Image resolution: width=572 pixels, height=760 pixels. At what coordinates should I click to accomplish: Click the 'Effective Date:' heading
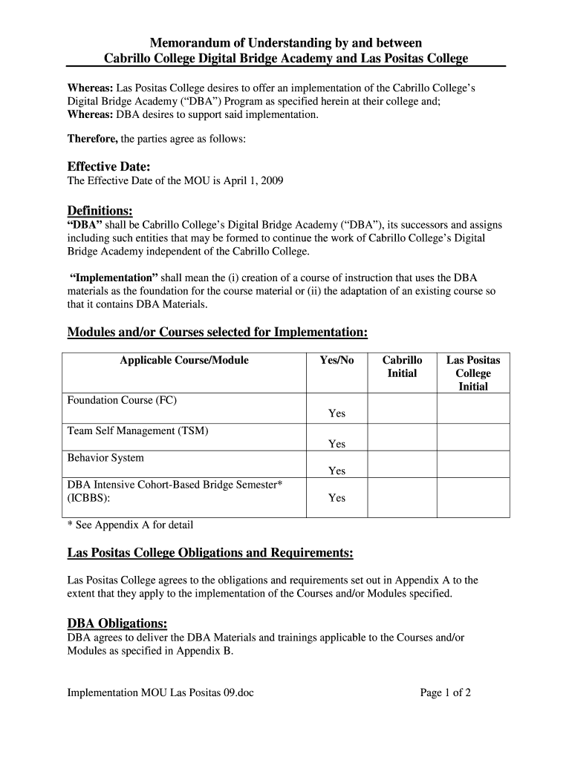pyautogui.click(x=108, y=166)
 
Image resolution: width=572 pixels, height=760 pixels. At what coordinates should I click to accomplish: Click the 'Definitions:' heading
pyautogui.click(x=100, y=212)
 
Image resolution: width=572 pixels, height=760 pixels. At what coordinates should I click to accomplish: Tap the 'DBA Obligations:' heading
pyautogui.click(x=117, y=623)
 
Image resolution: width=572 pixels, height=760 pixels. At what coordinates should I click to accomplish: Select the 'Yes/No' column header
pyautogui.click(x=337, y=361)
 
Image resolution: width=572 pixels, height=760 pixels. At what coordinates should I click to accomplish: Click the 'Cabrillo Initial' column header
pyautogui.click(x=402, y=367)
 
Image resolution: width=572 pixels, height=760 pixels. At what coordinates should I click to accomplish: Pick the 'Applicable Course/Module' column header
pyautogui.click(x=184, y=361)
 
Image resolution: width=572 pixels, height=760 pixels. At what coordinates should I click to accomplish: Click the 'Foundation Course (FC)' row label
pyautogui.click(x=122, y=400)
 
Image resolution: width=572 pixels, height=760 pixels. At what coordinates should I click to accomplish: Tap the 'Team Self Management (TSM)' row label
pyautogui.click(x=137, y=430)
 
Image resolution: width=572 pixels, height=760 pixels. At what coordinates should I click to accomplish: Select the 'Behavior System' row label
pyautogui.click(x=105, y=458)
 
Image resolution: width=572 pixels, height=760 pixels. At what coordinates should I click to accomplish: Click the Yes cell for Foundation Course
pyautogui.click(x=337, y=413)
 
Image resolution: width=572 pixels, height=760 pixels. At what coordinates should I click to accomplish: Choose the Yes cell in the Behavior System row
pyautogui.click(x=337, y=471)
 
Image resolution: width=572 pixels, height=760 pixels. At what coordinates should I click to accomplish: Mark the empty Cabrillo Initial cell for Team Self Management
pyautogui.click(x=402, y=436)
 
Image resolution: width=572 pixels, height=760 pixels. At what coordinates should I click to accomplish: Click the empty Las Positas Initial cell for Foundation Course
pyautogui.click(x=472, y=407)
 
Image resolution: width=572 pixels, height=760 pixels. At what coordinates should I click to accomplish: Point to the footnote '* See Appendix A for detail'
pyautogui.click(x=130, y=525)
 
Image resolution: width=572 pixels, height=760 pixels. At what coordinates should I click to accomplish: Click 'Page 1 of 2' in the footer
pyautogui.click(x=446, y=693)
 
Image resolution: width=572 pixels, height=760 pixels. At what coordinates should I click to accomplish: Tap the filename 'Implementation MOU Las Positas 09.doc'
pyautogui.click(x=160, y=693)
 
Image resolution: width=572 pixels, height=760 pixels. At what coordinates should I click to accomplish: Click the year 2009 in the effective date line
pyautogui.click(x=271, y=180)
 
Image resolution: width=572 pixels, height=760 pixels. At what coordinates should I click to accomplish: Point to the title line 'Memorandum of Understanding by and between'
pyautogui.click(x=286, y=43)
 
